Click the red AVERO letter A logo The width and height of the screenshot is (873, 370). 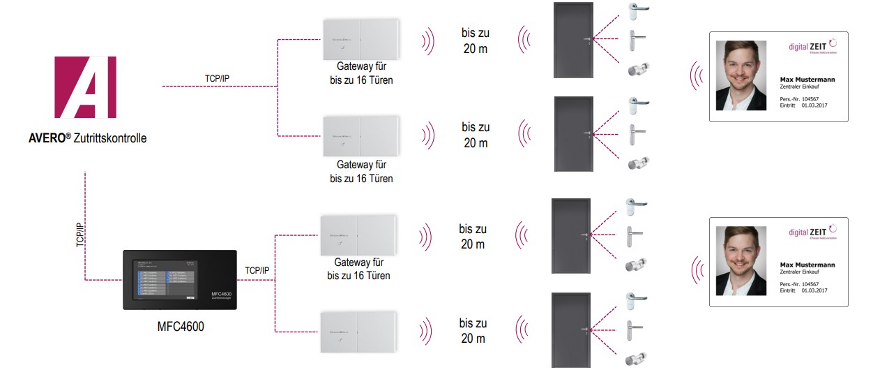point(86,87)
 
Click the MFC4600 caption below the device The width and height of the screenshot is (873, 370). point(181,326)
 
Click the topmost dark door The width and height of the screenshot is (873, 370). point(573,40)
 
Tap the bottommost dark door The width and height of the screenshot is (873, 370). point(570,330)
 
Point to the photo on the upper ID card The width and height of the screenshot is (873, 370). point(741,75)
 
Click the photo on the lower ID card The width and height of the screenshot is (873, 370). point(741,260)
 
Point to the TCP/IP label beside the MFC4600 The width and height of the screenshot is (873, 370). point(257,270)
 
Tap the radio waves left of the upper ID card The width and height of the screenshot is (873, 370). point(696,77)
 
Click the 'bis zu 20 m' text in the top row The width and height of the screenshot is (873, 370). point(475,40)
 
